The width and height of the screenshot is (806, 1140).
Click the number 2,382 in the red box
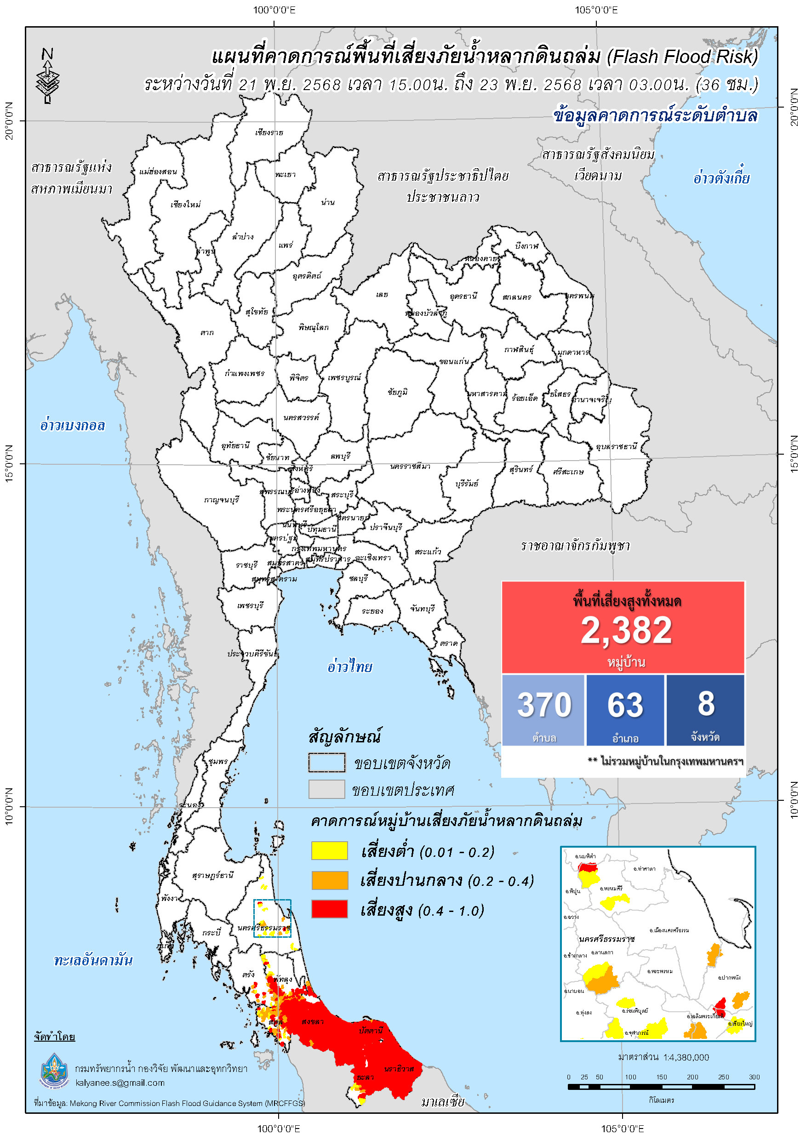pyautogui.click(x=626, y=631)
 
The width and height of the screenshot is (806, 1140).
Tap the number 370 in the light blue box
pyautogui.click(x=544, y=705)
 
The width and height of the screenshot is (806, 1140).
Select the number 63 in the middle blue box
pyautogui.click(x=625, y=705)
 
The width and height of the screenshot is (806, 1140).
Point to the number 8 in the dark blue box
pyautogui.click(x=706, y=704)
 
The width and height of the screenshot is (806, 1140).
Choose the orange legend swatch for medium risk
pyautogui.click(x=329, y=880)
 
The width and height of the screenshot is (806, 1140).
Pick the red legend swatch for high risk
pyautogui.click(x=329, y=909)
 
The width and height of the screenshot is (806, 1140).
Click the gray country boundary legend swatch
pyautogui.click(x=326, y=789)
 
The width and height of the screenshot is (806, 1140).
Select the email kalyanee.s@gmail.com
pyautogui.click(x=120, y=1083)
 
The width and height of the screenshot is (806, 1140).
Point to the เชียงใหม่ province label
pyautogui.click(x=185, y=205)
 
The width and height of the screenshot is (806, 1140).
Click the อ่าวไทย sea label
pyautogui.click(x=349, y=667)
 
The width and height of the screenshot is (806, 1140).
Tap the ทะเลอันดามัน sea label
pyautogui.click(x=93, y=960)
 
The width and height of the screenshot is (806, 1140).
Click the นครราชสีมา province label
pyautogui.click(x=410, y=467)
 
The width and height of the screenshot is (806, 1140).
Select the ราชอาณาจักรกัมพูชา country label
pyautogui.click(x=575, y=546)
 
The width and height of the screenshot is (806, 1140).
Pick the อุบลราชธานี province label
pyautogui.click(x=616, y=446)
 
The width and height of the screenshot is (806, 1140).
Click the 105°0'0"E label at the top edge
pyautogui.click(x=596, y=10)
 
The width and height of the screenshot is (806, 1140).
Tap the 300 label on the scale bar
pyautogui.click(x=754, y=1077)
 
